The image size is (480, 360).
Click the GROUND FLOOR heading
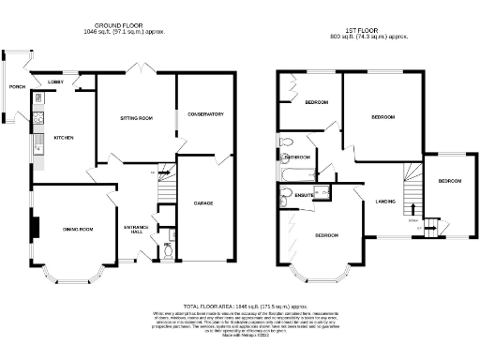tap(130, 24)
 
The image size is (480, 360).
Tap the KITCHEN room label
tap(63, 139)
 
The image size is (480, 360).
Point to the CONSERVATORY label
tap(205, 114)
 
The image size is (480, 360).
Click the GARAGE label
tap(203, 202)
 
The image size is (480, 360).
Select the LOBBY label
tap(55, 82)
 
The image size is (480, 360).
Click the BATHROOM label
tap(298, 157)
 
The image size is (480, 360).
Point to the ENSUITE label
tap(305, 195)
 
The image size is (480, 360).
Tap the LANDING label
tap(384, 202)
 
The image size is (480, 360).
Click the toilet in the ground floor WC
tap(166, 250)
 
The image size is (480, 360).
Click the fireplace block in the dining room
tap(37, 228)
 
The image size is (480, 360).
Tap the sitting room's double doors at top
tap(136, 70)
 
